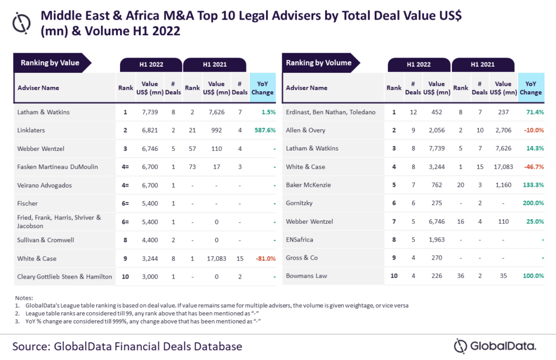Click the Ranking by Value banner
[x=50, y=63]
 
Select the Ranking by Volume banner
[x=318, y=63]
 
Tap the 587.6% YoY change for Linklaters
[x=262, y=130]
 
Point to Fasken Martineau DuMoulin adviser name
[x=57, y=167]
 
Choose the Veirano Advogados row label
[x=45, y=185]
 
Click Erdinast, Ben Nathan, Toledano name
[x=330, y=112]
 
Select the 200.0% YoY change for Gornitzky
[x=533, y=203]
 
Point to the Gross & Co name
[x=302, y=258]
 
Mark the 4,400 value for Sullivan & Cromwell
[x=149, y=240]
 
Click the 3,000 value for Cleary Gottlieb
[x=149, y=276]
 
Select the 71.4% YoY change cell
[x=534, y=112]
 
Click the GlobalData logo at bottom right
[x=495, y=345]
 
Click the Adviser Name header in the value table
[x=38, y=87]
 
